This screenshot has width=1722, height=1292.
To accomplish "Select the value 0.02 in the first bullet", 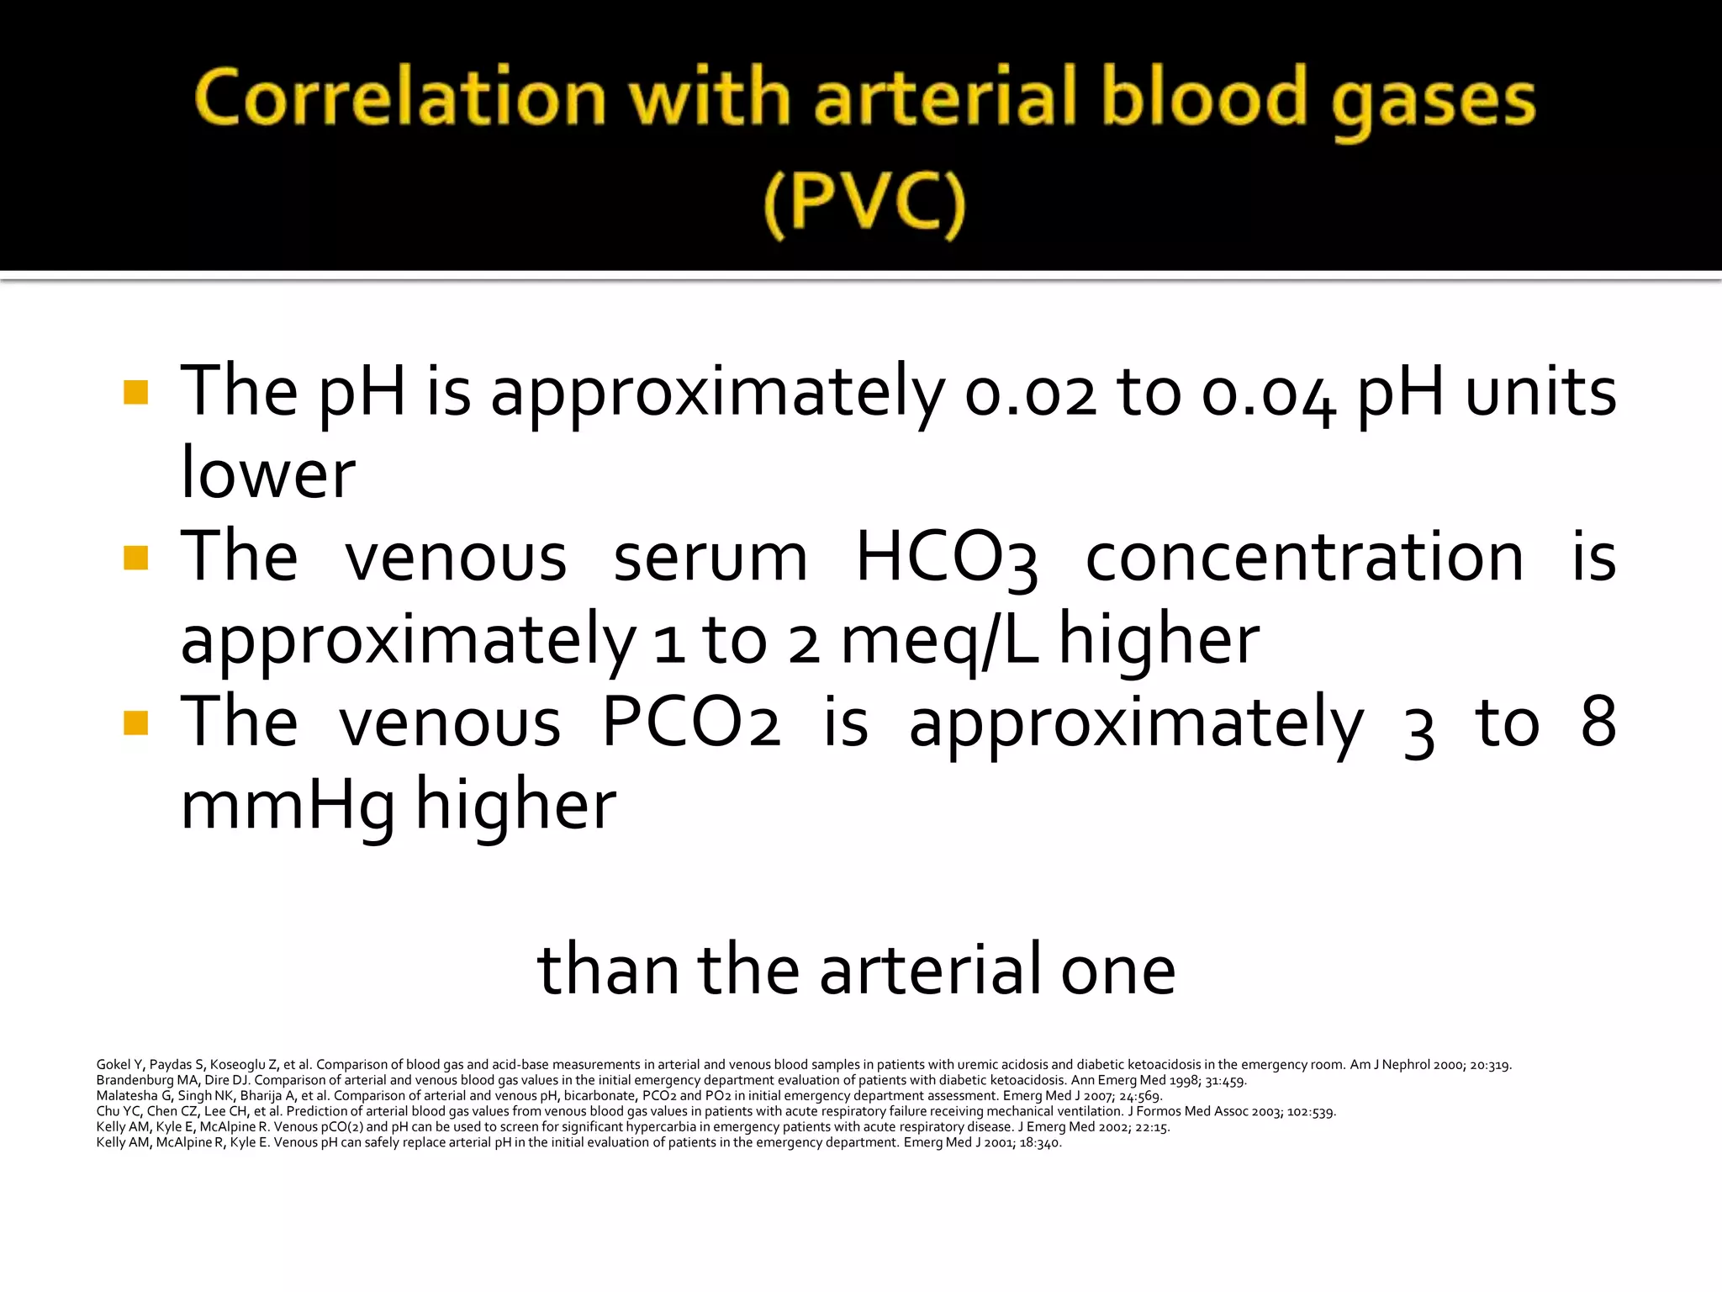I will point(1031,393).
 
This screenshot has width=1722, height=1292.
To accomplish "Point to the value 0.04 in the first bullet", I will point(1269,393).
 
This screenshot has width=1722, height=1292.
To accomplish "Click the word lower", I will point(268,473).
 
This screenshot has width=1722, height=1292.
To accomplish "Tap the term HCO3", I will point(946,558).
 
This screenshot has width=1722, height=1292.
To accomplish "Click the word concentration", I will point(1304,558).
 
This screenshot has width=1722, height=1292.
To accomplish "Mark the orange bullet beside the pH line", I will point(135,393).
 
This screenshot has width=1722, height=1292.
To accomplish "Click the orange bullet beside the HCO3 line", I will point(135,558).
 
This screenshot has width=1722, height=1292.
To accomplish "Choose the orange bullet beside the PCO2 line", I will point(135,723).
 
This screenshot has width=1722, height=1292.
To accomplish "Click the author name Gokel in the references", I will point(114,1065).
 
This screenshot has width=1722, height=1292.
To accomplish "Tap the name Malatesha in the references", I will point(126,1096).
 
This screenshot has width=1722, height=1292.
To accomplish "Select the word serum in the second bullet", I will point(710,558).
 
